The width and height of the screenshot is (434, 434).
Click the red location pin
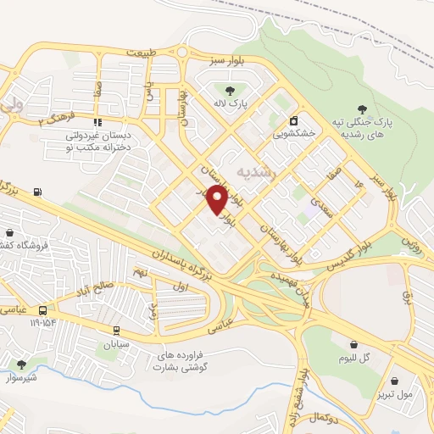[218, 200]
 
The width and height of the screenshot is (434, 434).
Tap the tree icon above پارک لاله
[229, 91]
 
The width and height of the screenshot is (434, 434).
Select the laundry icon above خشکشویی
[294, 120]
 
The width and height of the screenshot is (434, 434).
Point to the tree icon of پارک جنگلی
[363, 108]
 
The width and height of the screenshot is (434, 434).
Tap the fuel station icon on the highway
[37, 192]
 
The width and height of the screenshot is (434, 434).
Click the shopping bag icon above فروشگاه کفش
[10, 232]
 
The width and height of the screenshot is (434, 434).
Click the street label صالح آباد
[90, 288]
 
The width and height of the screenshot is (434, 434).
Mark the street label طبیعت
[142, 53]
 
